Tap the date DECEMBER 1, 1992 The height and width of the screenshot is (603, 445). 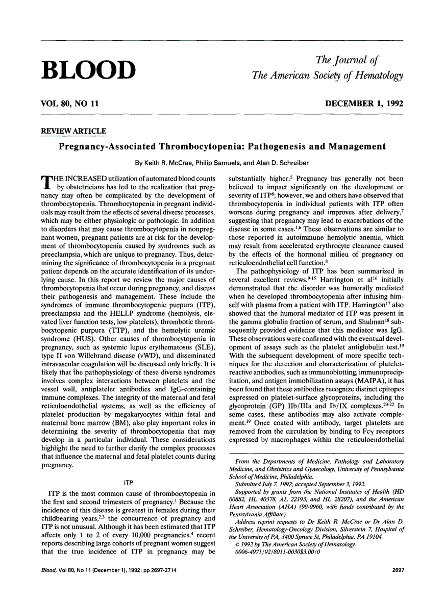(364, 104)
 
